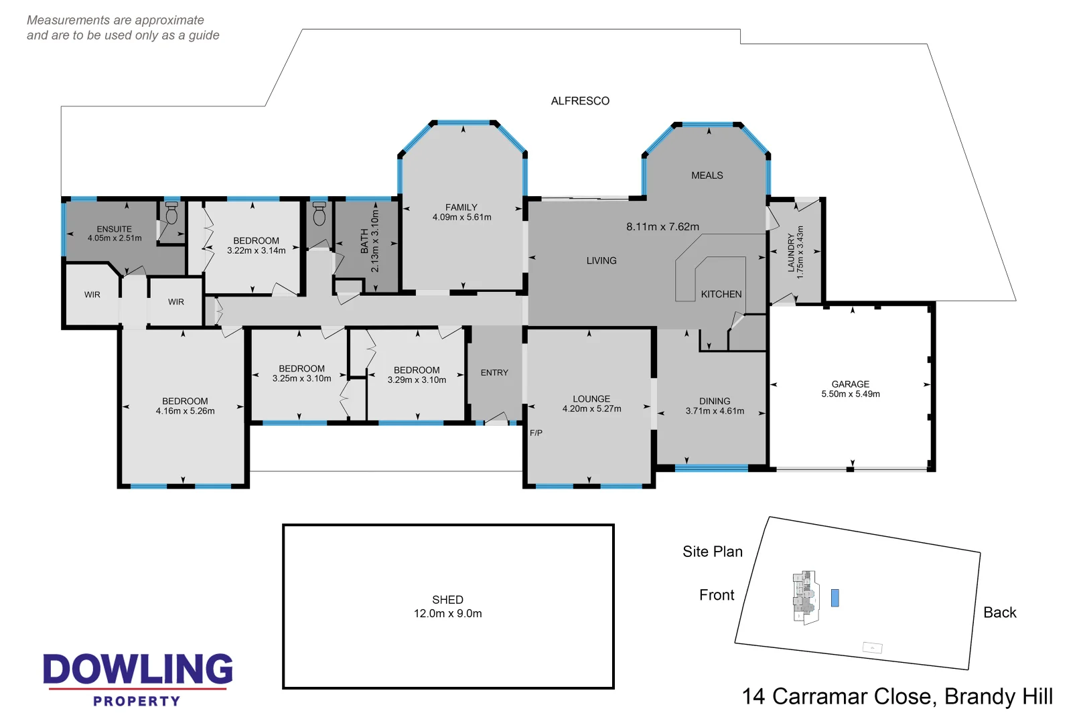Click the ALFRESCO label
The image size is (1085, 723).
pyautogui.click(x=580, y=101)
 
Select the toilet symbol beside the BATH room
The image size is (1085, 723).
pyautogui.click(x=319, y=214)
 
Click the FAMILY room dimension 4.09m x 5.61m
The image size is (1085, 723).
pyautogui.click(x=461, y=218)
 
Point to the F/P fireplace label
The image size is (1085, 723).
pyautogui.click(x=536, y=433)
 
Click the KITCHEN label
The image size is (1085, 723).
pyautogui.click(x=721, y=295)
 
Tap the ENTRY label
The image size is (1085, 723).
pyautogui.click(x=494, y=373)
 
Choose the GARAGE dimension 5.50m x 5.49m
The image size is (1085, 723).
pyautogui.click(x=851, y=394)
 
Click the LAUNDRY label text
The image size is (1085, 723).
pyautogui.click(x=791, y=252)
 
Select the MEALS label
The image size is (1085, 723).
pyautogui.click(x=707, y=175)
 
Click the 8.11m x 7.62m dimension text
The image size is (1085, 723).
pyautogui.click(x=662, y=227)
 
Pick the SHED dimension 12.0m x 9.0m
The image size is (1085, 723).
pyautogui.click(x=447, y=614)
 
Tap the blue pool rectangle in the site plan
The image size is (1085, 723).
pyautogui.click(x=835, y=598)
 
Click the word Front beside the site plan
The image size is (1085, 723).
pyautogui.click(x=717, y=595)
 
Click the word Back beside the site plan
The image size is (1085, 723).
pyautogui.click(x=999, y=613)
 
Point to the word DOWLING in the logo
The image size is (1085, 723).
pyautogui.click(x=138, y=669)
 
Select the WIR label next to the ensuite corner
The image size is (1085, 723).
pyautogui.click(x=92, y=295)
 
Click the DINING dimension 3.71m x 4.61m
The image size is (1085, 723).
pyautogui.click(x=715, y=411)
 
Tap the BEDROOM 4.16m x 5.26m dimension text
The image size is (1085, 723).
pyautogui.click(x=185, y=411)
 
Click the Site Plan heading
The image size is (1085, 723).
pyautogui.click(x=713, y=552)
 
